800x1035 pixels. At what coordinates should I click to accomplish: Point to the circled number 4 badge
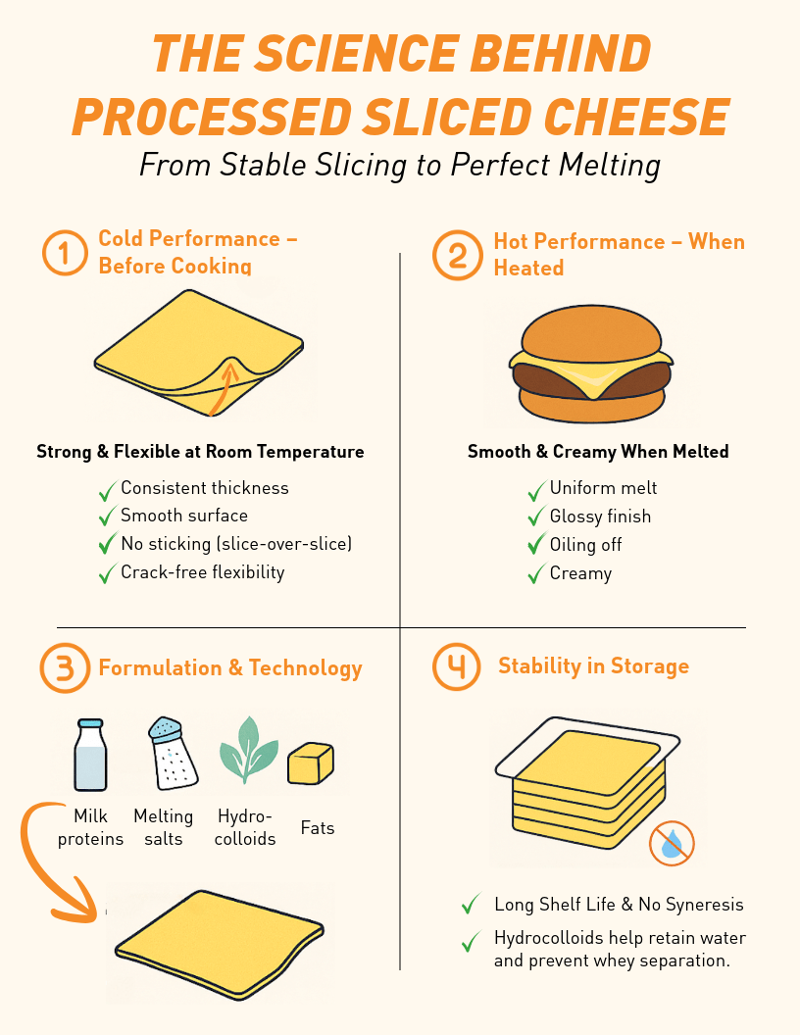click(457, 667)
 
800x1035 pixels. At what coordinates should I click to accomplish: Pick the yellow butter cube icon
click(311, 764)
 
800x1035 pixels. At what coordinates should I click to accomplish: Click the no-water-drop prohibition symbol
click(672, 843)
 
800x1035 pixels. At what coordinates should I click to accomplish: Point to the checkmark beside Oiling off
click(536, 544)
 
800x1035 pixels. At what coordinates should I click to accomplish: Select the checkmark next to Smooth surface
click(107, 516)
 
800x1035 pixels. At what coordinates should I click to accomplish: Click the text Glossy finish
click(600, 517)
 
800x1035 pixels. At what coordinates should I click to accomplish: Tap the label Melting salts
click(164, 827)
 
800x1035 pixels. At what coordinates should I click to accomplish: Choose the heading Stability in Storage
click(593, 666)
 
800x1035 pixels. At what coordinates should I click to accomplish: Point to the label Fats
click(318, 828)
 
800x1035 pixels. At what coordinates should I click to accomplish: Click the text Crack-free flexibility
click(202, 572)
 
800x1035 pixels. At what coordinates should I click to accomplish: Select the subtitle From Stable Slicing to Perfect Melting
click(400, 164)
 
